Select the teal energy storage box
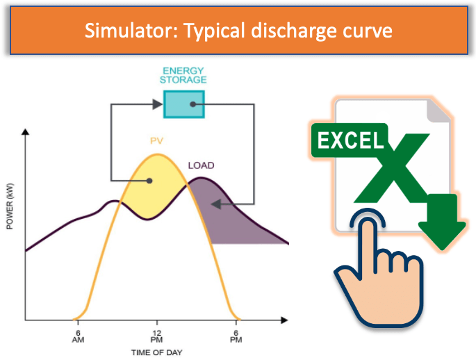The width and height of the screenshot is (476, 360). tap(184, 104)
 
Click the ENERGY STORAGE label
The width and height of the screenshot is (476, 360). tap(183, 75)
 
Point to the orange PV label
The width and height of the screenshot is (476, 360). tap(156, 141)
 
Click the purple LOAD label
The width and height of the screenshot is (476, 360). tap(202, 165)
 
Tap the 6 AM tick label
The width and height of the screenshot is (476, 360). tap(78, 336)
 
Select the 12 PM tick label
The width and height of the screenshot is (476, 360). tap(156, 336)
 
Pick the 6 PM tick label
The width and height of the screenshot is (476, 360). tap(236, 336)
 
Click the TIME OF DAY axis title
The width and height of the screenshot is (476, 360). tap(156, 353)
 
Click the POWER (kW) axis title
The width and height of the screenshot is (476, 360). tap(10, 206)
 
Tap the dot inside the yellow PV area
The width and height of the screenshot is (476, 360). tap(149, 181)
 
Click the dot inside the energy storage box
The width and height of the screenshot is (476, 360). tap(192, 104)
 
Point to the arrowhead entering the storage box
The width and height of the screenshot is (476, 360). tap(158, 104)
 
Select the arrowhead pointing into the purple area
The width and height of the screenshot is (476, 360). tap(216, 204)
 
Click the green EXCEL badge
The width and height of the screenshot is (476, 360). tap(350, 140)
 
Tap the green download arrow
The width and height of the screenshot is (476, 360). tap(442, 222)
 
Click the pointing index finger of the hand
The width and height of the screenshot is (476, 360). tap(368, 240)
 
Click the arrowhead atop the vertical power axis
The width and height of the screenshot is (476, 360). tap(26, 132)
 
